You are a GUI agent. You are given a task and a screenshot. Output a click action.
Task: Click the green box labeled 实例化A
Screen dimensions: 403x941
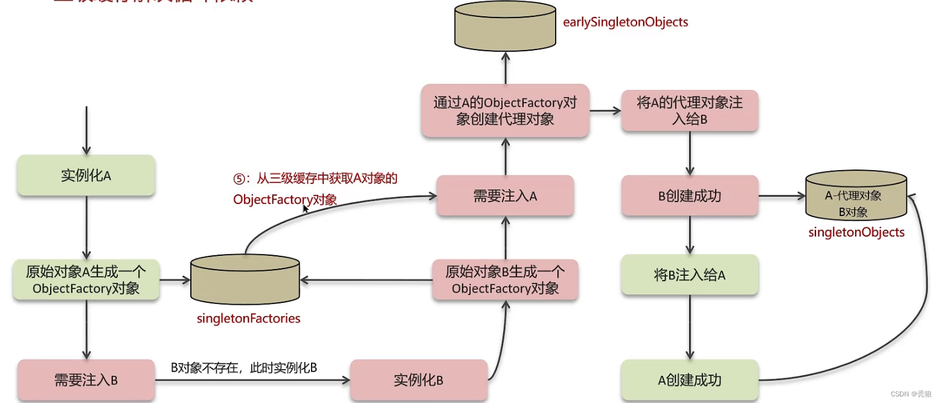point(86,176)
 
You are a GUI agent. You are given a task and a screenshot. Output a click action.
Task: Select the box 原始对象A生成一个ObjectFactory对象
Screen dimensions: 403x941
point(86,280)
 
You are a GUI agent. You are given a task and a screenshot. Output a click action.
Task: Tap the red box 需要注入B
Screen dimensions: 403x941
point(86,380)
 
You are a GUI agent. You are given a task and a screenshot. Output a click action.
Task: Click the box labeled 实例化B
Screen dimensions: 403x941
point(419,380)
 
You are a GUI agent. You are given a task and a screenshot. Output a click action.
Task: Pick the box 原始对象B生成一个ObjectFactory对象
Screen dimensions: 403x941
point(505,280)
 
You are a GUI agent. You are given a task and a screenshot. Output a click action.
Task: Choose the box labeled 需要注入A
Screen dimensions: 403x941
point(505,196)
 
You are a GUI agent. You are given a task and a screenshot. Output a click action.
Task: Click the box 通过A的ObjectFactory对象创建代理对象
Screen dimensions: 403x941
point(505,111)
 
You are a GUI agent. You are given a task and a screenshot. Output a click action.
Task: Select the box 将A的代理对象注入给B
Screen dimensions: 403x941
point(689,111)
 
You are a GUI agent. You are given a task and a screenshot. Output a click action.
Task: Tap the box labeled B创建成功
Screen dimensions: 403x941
point(689,196)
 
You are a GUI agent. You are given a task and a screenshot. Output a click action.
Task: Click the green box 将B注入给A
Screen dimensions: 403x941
point(689,275)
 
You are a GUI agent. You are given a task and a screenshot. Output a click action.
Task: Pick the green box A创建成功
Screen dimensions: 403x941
point(689,380)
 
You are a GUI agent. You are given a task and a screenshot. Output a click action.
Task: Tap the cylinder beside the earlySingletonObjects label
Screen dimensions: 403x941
point(504,25)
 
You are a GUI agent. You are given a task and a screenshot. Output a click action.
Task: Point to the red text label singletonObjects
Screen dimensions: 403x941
point(856,232)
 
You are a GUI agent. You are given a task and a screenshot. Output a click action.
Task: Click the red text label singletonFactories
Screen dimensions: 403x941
point(248,318)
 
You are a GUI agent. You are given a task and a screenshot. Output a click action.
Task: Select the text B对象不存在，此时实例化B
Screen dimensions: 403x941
point(244,367)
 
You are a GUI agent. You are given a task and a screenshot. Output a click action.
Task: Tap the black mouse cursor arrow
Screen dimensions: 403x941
point(306,208)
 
